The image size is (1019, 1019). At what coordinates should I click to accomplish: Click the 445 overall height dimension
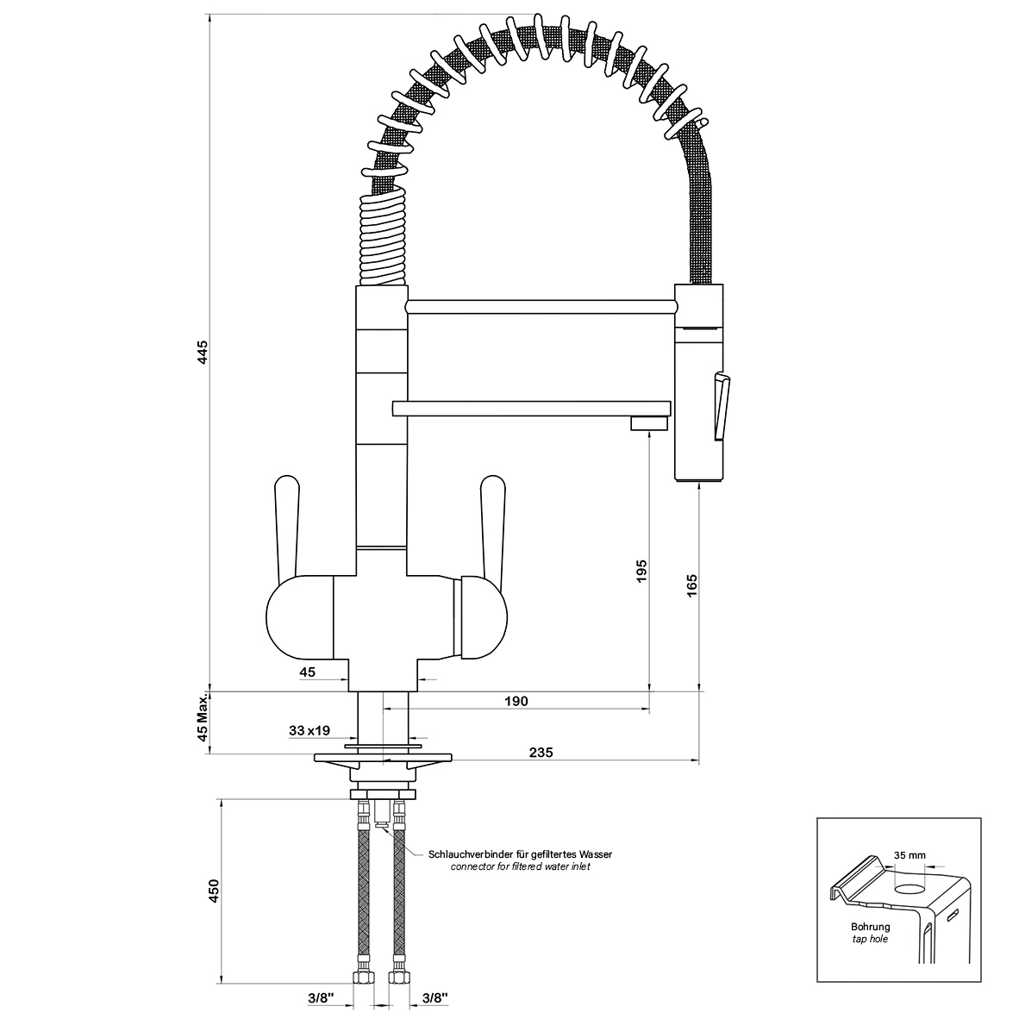pos(203,352)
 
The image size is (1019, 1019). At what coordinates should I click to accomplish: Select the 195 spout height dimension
pos(642,571)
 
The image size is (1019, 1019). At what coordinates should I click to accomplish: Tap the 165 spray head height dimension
pos(691,585)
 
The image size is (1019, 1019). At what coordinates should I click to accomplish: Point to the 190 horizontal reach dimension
pos(516,701)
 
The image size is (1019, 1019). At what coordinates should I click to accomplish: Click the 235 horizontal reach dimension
pos(541,752)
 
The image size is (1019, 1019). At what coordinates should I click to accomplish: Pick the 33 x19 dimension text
pos(309,730)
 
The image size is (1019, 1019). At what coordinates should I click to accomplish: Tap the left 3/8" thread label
pos(321,997)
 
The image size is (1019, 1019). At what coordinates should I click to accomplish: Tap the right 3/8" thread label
pos(434,997)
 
